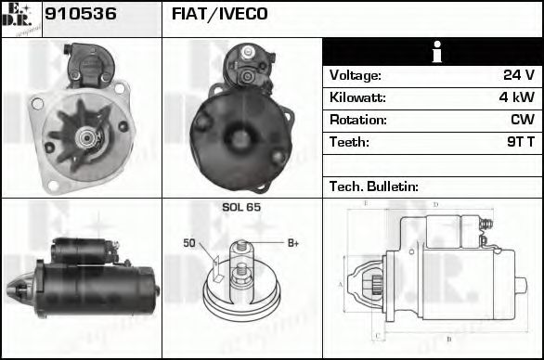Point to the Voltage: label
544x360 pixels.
point(356,76)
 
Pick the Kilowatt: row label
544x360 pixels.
point(357,98)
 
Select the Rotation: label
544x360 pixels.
point(357,121)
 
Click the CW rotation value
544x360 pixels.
point(522,121)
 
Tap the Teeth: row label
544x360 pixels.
point(349,143)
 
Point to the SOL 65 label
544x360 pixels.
point(240,207)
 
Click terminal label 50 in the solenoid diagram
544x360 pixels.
point(189,243)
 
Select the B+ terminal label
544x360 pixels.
point(291,243)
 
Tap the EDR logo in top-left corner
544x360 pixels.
point(20,19)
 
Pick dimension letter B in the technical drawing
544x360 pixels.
point(448,340)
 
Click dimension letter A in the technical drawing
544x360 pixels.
point(341,283)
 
